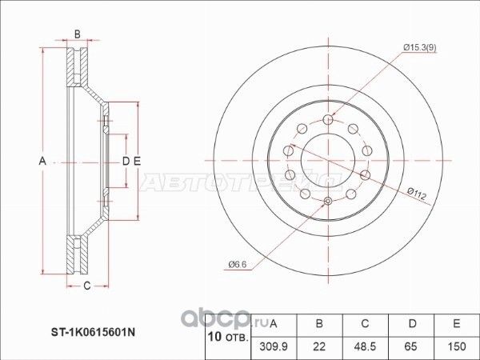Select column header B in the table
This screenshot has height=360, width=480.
[x=319, y=324]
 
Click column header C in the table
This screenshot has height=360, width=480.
[x=364, y=324]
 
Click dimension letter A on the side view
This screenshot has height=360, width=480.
[x=42, y=162]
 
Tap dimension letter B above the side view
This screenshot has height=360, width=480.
[x=77, y=34]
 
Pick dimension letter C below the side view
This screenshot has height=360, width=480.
[x=86, y=285]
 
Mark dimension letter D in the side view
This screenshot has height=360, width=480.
[x=126, y=162]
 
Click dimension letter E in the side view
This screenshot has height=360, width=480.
[x=137, y=162]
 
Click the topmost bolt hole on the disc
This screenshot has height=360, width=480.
[x=328, y=119]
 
